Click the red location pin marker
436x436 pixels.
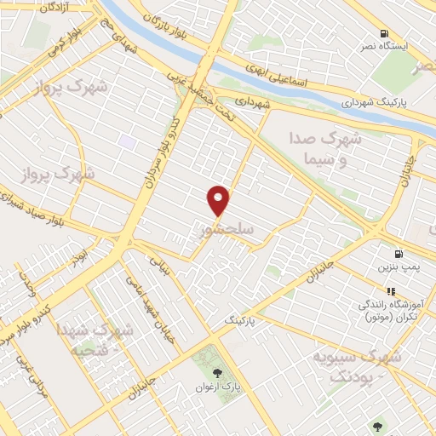click(220, 199)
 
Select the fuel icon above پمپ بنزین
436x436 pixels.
click(398, 253)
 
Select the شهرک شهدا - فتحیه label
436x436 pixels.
click(93, 339)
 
